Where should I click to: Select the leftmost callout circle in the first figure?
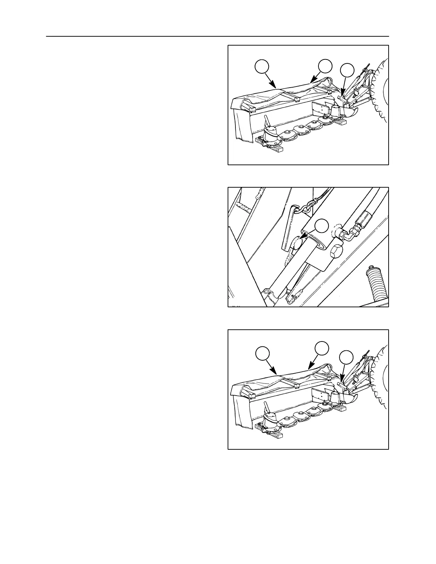pyautogui.click(x=262, y=67)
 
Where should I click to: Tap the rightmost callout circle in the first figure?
pyautogui.click(x=347, y=70)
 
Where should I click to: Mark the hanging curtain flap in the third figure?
pyautogui.click(x=243, y=413)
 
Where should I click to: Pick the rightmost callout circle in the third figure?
pyautogui.click(x=346, y=357)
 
